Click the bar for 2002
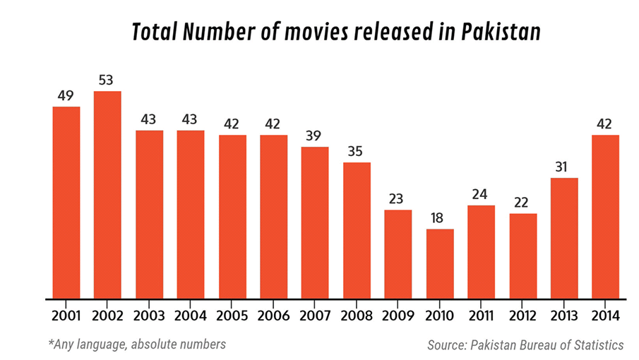[107, 194]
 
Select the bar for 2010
[440, 263]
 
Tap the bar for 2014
[606, 216]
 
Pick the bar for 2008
[357, 230]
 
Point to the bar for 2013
[564, 238]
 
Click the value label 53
[107, 80]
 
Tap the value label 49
[66, 95]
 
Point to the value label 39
[315, 134]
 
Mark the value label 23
[398, 198]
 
